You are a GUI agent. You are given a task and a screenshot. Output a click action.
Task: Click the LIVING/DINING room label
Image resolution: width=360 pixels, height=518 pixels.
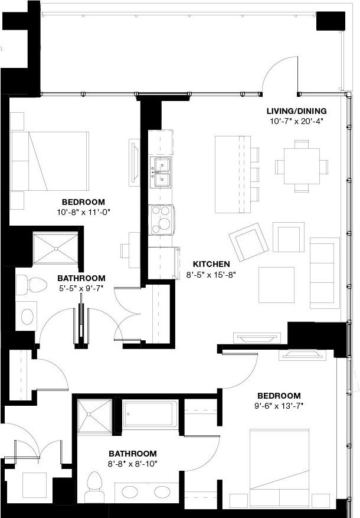pos(296,111)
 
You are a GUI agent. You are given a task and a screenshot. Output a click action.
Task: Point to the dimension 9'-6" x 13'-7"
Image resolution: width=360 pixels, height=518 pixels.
pos(279,405)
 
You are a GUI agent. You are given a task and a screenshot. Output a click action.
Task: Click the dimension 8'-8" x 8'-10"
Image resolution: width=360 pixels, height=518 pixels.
pos(132,464)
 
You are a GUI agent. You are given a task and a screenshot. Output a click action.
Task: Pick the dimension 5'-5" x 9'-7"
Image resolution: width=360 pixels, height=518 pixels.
pos(81,288)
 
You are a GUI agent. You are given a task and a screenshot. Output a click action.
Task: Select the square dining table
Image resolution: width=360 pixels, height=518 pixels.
pos(302,166)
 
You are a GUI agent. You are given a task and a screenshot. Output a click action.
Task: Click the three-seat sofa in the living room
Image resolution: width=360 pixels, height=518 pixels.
pos(325,272)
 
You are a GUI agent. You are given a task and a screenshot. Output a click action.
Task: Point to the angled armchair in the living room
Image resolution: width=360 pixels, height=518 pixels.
pos(248,242)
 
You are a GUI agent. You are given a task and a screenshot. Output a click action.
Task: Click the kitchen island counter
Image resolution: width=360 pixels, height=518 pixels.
pos(230,174)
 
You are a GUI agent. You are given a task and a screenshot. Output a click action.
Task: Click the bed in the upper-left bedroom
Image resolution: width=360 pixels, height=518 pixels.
pos(50,161)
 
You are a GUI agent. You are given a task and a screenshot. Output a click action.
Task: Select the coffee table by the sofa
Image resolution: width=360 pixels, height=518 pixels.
pos(276,285)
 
